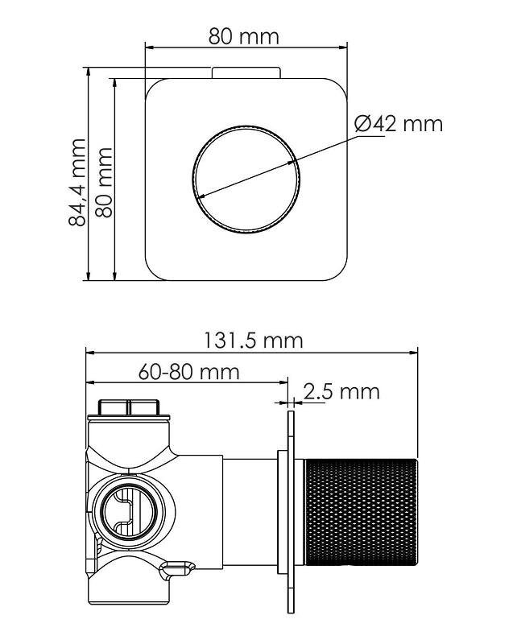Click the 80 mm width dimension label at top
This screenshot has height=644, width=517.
(243, 36)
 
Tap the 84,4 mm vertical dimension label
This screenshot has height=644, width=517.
(77, 183)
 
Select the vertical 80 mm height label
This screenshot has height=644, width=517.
(104, 183)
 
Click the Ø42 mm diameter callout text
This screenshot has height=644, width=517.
(399, 123)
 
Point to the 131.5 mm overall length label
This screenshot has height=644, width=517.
(254, 341)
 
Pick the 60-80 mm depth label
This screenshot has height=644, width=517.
(188, 372)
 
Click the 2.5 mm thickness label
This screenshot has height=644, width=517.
(341, 391)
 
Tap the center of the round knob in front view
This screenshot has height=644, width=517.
(246, 180)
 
